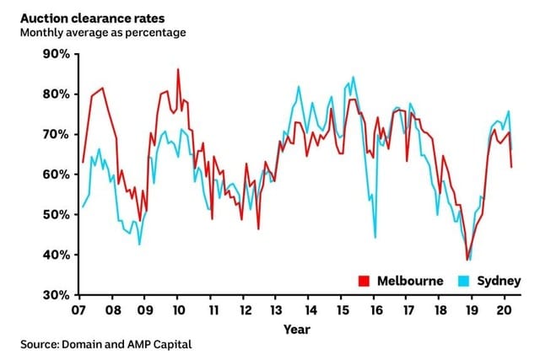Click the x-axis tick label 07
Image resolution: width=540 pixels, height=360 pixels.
79,309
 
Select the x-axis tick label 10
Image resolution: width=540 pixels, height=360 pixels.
177,309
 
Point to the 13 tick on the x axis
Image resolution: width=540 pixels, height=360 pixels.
276,309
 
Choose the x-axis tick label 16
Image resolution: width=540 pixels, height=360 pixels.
374,309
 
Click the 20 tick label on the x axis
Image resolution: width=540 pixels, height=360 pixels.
505,309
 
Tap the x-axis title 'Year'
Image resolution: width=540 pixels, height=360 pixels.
296,329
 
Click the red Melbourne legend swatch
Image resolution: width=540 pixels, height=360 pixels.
364,281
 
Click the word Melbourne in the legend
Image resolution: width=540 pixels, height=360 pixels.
409,281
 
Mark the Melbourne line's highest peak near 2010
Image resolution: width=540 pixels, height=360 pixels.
178,69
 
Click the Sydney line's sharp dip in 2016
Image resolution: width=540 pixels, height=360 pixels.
375,237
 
